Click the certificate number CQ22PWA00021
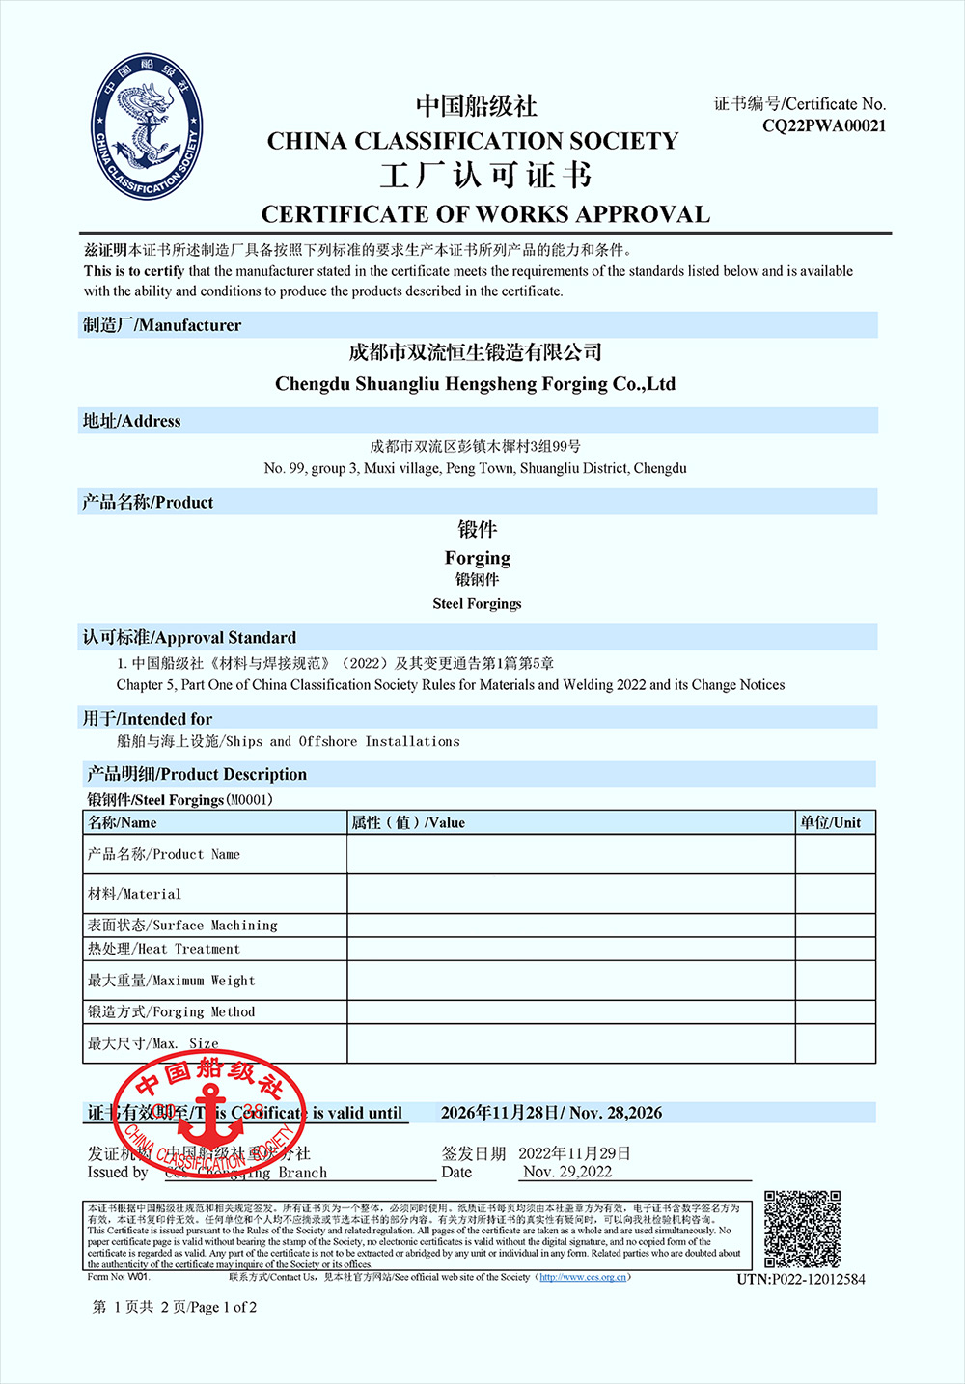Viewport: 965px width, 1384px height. pyautogui.click(x=823, y=125)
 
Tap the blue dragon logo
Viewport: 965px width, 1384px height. pyautogui.click(x=148, y=127)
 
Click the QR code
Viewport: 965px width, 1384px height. pyautogui.click(x=802, y=1229)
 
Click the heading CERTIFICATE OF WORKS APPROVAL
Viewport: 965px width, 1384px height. pyautogui.click(x=485, y=214)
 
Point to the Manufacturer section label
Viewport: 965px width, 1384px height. pyautogui.click(x=162, y=325)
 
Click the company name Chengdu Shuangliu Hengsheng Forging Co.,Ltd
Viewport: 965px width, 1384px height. pyautogui.click(x=475, y=384)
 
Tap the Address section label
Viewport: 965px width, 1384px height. pyautogui.click(x=132, y=421)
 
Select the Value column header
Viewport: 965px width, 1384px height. pyautogui.click(x=408, y=822)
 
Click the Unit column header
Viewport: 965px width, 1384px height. pyautogui.click(x=830, y=822)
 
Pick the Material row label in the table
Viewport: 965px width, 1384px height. pyautogui.click(x=134, y=894)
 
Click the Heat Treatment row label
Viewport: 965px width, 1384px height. pyautogui.click(x=163, y=949)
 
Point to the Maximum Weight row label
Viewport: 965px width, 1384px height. pyautogui.click(x=171, y=981)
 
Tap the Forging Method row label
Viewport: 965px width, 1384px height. pyautogui.click(x=171, y=1011)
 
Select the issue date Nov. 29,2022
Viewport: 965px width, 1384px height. pyautogui.click(x=567, y=1172)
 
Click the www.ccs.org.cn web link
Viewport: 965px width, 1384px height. pyautogui.click(x=582, y=1277)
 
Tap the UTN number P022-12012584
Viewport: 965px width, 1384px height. pyautogui.click(x=801, y=1279)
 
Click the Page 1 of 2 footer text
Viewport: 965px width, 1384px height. pyautogui.click(x=175, y=1307)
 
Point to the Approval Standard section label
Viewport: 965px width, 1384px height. pyautogui.click(x=189, y=638)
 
